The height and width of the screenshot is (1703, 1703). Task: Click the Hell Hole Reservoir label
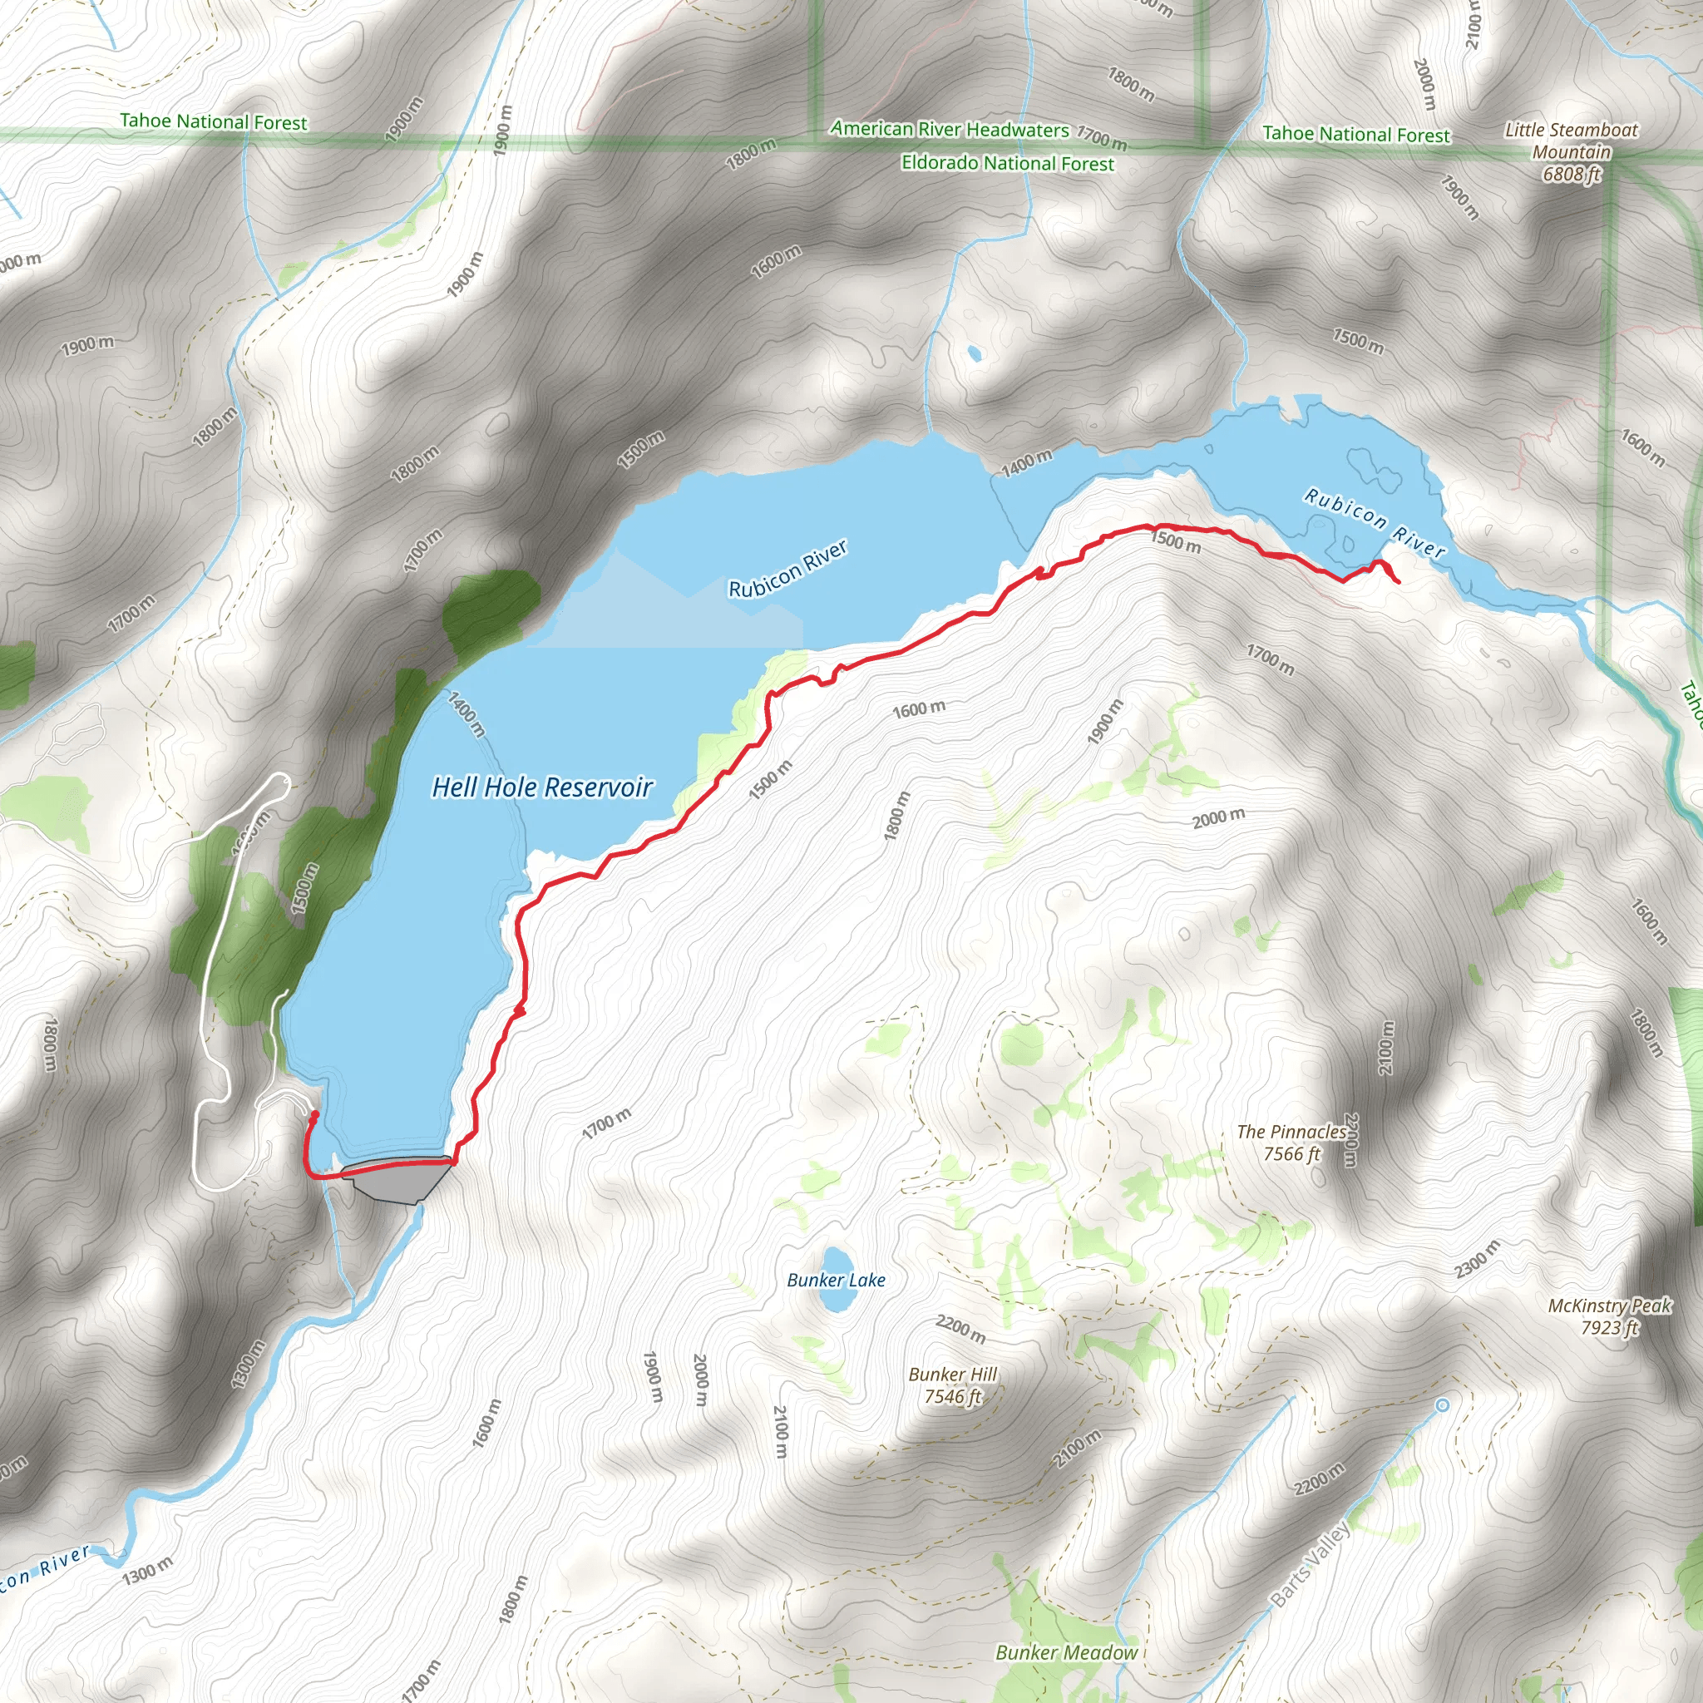(x=542, y=787)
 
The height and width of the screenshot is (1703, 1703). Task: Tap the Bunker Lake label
(x=836, y=1280)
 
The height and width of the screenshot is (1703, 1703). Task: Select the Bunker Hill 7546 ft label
(x=952, y=1385)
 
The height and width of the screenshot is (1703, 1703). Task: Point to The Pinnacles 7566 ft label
(x=1291, y=1143)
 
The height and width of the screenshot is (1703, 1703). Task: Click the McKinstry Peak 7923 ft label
(x=1610, y=1316)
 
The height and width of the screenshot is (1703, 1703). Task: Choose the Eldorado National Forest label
(x=1008, y=163)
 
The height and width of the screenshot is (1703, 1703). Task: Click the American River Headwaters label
(x=950, y=130)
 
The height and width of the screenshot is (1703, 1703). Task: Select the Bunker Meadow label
(x=1067, y=1652)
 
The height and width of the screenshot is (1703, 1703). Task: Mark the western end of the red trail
(x=314, y=1115)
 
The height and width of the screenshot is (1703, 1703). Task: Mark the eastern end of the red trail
(x=1399, y=582)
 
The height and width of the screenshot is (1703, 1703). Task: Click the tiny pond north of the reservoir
(x=974, y=353)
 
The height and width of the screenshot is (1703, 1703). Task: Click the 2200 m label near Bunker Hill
(x=960, y=1328)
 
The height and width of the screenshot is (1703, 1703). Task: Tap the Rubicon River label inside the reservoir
(x=788, y=569)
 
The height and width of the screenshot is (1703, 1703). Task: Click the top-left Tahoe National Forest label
(x=214, y=121)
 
